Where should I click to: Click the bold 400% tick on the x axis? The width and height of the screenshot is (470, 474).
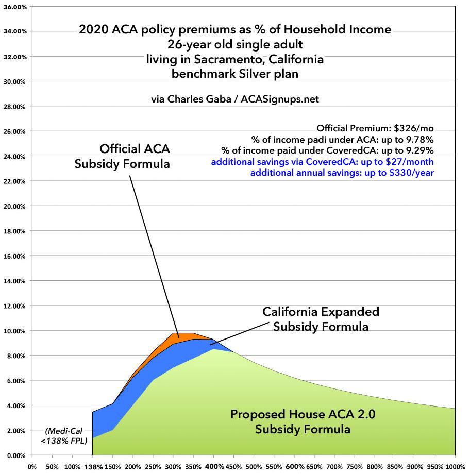(215, 467)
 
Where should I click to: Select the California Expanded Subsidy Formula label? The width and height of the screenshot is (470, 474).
(321, 319)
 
